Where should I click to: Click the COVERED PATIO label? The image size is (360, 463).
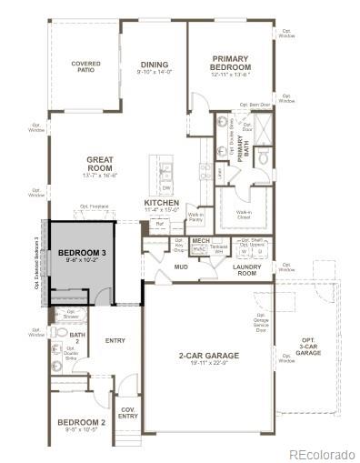[85, 66]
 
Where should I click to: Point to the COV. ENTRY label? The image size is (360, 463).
[128, 413]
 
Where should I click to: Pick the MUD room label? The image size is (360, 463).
[180, 268]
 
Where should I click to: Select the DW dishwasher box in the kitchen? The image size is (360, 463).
[165, 188]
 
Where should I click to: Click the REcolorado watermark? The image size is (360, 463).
[322, 454]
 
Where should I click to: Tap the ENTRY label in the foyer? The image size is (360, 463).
[115, 341]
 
